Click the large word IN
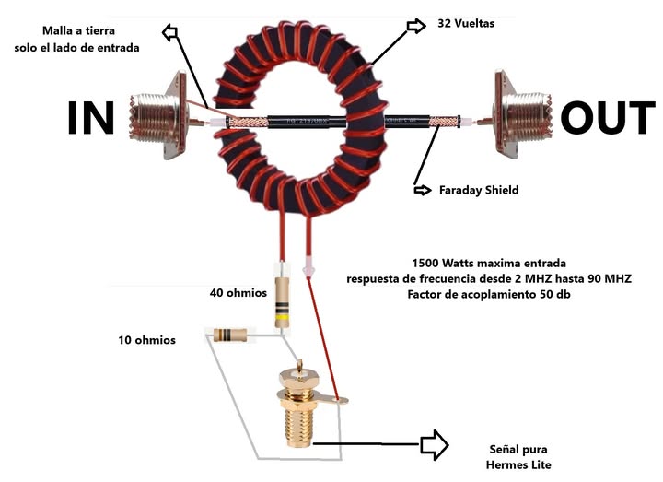pyautogui.click(x=91, y=120)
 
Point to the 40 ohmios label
pyautogui.click(x=238, y=294)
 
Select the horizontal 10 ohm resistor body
pyautogui.click(x=228, y=335)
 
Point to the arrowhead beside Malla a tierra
pyautogui.click(x=170, y=31)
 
